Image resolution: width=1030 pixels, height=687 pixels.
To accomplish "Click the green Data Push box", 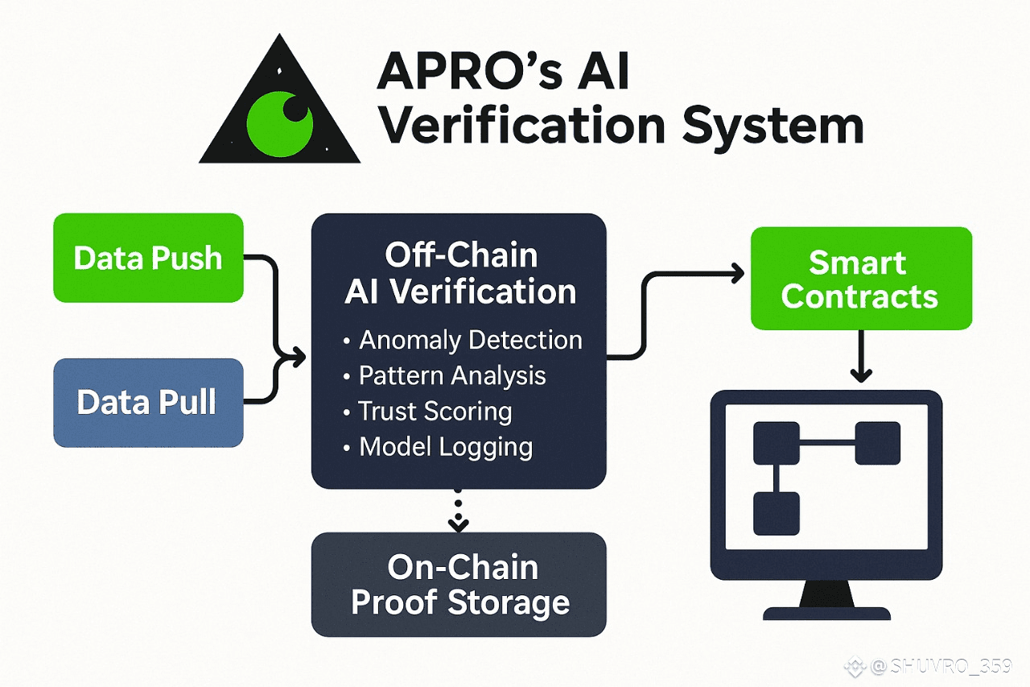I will (x=148, y=258).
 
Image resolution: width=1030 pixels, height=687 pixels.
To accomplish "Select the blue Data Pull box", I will (x=148, y=403).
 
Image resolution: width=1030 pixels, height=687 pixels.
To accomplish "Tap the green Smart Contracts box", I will (x=860, y=279).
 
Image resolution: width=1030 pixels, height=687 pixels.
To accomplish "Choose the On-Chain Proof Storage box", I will (x=459, y=585).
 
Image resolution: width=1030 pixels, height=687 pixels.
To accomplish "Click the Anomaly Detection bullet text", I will (x=470, y=340).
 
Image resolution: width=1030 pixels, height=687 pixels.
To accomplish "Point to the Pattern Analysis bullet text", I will (x=451, y=375).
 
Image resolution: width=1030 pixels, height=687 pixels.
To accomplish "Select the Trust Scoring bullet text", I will (x=435, y=411).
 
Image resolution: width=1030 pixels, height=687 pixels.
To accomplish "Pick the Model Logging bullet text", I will (x=445, y=446).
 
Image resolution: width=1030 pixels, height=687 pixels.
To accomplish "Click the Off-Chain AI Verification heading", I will (x=460, y=273).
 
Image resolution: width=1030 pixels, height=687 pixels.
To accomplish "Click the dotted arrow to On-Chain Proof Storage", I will (x=459, y=512).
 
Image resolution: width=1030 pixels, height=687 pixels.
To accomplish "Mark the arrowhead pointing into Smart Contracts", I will (x=736, y=274).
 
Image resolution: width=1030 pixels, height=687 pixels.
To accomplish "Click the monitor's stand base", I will (x=826, y=613).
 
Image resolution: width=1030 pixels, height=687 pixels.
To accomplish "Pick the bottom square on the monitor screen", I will (x=777, y=513).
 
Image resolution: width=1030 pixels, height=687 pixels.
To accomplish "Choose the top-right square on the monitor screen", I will (x=877, y=442).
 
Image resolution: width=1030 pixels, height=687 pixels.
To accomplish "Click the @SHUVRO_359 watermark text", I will (x=937, y=667).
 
